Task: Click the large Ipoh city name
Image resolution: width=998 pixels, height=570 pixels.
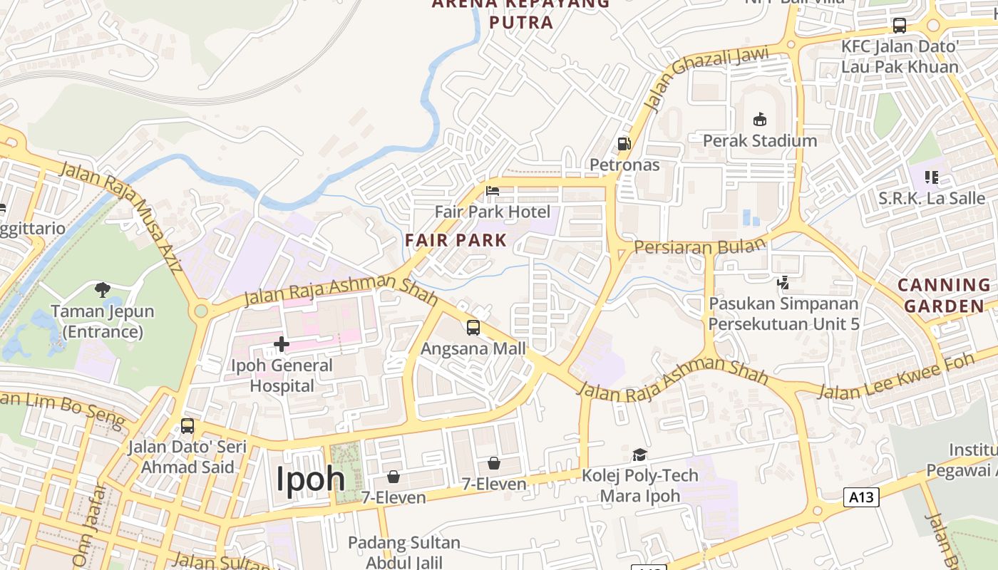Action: pos(311,478)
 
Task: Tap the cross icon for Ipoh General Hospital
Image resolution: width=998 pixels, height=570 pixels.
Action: pos(282,345)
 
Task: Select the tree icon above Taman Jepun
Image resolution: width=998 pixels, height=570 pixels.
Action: pos(103,290)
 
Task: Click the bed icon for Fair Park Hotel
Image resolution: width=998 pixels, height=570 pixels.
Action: pos(493,191)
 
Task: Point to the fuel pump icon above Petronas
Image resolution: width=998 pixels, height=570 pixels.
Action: pos(624,144)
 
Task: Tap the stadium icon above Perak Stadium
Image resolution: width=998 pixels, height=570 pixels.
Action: pos(760,119)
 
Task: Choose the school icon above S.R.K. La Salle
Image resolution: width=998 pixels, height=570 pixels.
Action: pos(931,177)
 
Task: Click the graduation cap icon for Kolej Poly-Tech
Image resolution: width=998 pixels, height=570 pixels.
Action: pos(640,455)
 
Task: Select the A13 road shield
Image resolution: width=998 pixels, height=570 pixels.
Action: pos(861,497)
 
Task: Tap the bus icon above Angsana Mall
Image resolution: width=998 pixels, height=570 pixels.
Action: pos(473,328)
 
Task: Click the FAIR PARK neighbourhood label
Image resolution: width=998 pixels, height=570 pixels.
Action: pos(456,240)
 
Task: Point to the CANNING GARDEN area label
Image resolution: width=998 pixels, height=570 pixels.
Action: pos(944,295)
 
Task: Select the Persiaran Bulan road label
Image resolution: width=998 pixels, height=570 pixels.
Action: pos(699,247)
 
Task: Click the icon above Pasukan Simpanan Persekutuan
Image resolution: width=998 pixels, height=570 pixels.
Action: pos(783,283)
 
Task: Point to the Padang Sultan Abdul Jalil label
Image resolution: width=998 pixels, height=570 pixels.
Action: pos(404,552)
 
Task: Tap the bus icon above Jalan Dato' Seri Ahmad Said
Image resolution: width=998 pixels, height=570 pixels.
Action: pos(187,426)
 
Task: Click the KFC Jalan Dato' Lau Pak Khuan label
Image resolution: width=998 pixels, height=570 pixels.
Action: pos(900,56)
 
